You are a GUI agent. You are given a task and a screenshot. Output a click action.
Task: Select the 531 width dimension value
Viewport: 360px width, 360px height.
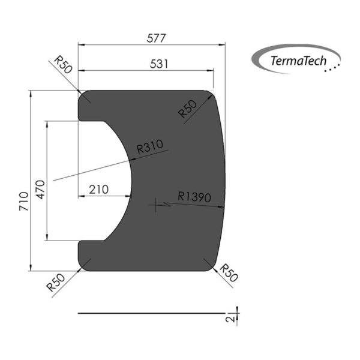[150, 63]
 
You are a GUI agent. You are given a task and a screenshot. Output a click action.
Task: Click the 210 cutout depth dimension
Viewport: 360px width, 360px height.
[98, 190]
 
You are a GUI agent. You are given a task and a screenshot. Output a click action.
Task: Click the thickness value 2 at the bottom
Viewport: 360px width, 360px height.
[230, 317]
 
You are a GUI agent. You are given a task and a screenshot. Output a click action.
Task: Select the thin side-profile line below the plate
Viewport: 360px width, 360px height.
[150, 313]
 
